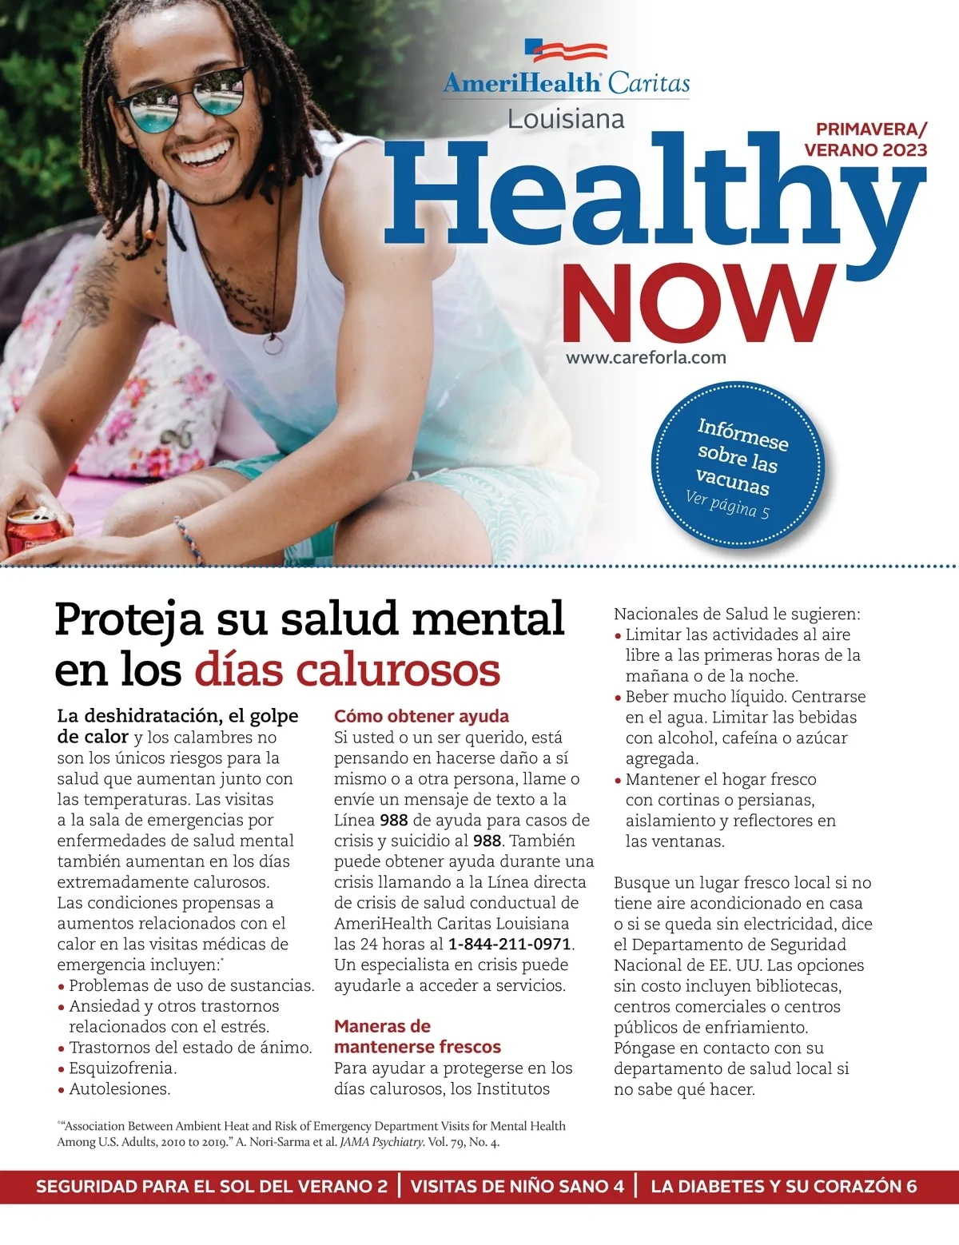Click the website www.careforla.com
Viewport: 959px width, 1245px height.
point(646,358)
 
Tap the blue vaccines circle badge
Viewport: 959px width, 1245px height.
point(737,465)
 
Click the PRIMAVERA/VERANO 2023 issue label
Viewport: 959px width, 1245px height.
point(868,139)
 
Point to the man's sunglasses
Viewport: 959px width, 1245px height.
point(181,104)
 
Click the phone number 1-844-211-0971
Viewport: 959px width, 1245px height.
point(509,944)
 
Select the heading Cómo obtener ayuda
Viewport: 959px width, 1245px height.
point(421,716)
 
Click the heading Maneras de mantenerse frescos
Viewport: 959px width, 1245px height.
point(417,1036)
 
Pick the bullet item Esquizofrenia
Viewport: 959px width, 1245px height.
point(122,1068)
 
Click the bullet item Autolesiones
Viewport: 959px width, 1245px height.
point(119,1088)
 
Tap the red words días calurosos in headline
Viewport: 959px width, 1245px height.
point(347,670)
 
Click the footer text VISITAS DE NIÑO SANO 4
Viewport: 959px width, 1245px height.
point(517,1187)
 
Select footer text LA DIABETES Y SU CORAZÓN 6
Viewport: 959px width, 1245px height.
point(783,1187)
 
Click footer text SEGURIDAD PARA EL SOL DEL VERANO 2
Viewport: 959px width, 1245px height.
point(212,1187)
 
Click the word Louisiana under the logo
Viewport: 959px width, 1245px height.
point(566,119)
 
